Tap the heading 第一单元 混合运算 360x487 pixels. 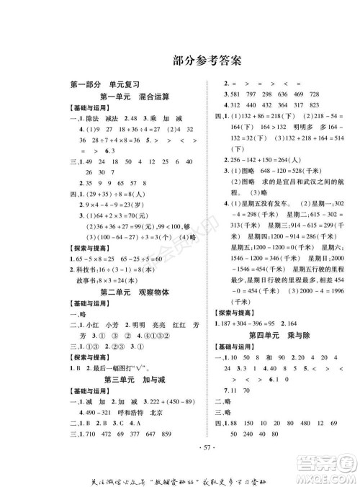click(135, 96)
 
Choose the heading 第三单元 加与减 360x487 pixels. click(135, 378)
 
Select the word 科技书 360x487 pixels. click(97, 271)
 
